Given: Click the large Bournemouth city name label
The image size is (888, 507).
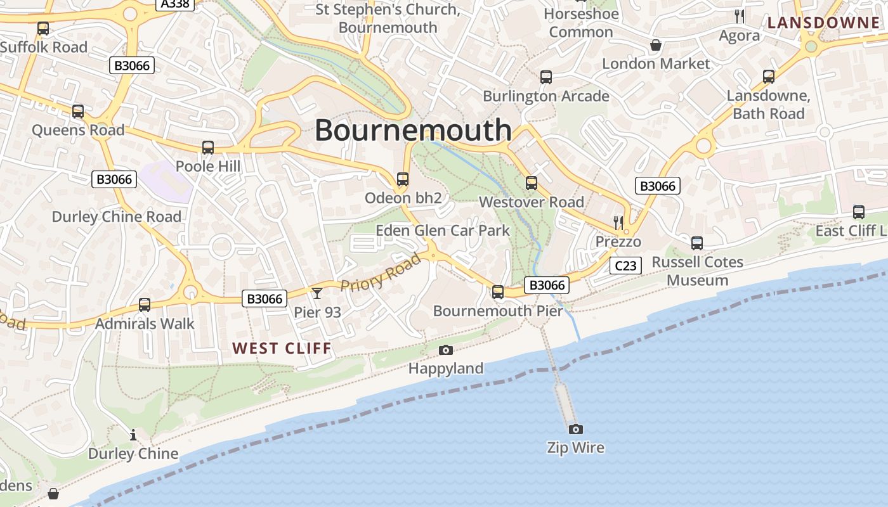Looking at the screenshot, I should (x=413, y=130).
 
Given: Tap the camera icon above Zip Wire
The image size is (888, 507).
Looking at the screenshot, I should (x=575, y=429).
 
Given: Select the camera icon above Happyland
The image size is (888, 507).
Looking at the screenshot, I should (x=446, y=350).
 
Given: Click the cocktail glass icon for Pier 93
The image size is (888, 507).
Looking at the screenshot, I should (x=317, y=293).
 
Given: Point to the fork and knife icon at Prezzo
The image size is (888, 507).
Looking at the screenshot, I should (x=618, y=222).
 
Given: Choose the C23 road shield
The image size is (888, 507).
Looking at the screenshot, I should (x=625, y=266).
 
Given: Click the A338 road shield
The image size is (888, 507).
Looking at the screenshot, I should (x=174, y=4).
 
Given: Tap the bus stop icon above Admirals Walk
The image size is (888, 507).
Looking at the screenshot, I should (x=145, y=305).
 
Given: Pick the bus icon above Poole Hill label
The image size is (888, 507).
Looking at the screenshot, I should (x=207, y=148).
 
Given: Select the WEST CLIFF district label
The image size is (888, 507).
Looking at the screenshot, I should (x=282, y=348).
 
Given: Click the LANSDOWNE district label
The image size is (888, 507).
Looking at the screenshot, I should (x=824, y=23).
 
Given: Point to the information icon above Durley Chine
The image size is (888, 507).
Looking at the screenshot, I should (x=133, y=435).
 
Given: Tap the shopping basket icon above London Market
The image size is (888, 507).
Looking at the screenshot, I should (x=656, y=45).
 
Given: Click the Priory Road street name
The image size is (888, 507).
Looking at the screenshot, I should (x=381, y=272).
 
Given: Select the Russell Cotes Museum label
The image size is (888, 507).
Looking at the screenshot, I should (x=697, y=271).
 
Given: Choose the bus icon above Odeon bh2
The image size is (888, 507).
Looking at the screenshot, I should (x=403, y=179).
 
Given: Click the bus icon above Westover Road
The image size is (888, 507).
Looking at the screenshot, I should (x=532, y=183).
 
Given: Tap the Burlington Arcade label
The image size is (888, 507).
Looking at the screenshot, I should (x=546, y=96).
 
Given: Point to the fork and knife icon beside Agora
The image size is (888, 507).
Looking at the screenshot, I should (x=740, y=16).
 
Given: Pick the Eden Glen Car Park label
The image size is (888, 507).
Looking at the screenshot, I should (x=443, y=230).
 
